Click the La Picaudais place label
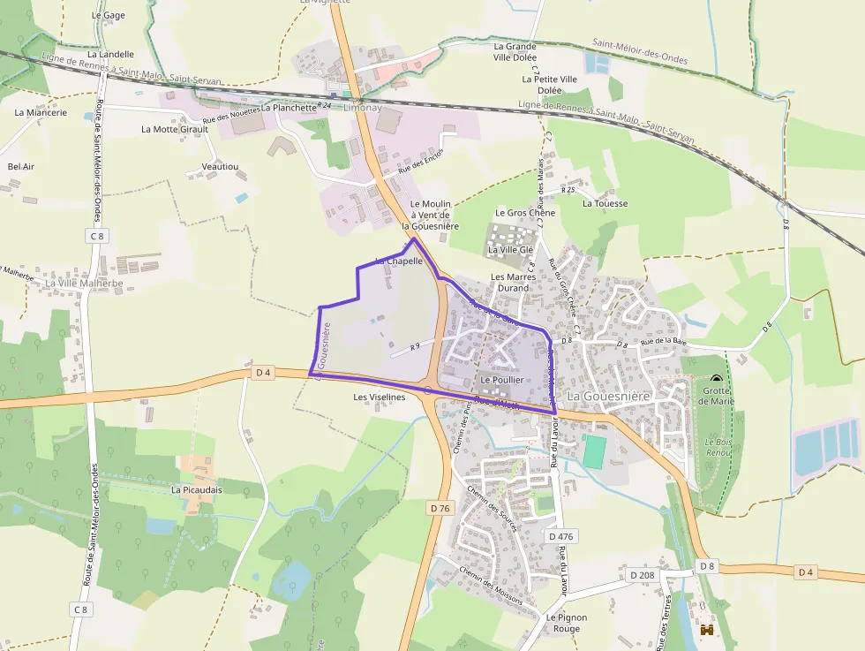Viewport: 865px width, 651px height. pos(197,489)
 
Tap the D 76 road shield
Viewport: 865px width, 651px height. pos(440,508)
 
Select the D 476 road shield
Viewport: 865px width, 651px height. pos(560,536)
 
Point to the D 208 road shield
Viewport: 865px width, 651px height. pos(643,575)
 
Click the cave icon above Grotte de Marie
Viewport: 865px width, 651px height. pos(716,380)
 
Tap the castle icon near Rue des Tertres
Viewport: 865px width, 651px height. pos(707,631)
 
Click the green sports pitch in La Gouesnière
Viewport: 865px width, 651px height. pos(595,452)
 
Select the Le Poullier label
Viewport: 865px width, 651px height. pos(502,380)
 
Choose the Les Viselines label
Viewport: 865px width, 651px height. pos(380,397)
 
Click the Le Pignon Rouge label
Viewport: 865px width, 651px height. pos(560,623)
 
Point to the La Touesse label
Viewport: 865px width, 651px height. pos(605,203)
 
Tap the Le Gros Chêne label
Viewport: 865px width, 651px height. pos(525,213)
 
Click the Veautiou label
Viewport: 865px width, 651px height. pos(220,166)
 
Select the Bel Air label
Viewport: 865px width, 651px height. pos(21,166)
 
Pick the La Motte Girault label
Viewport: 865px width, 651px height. pos(175,129)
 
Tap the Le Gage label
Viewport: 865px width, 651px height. pos(109,15)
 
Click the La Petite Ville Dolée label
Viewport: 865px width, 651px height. pos(549,85)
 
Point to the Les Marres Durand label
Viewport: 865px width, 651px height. pos(514,282)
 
